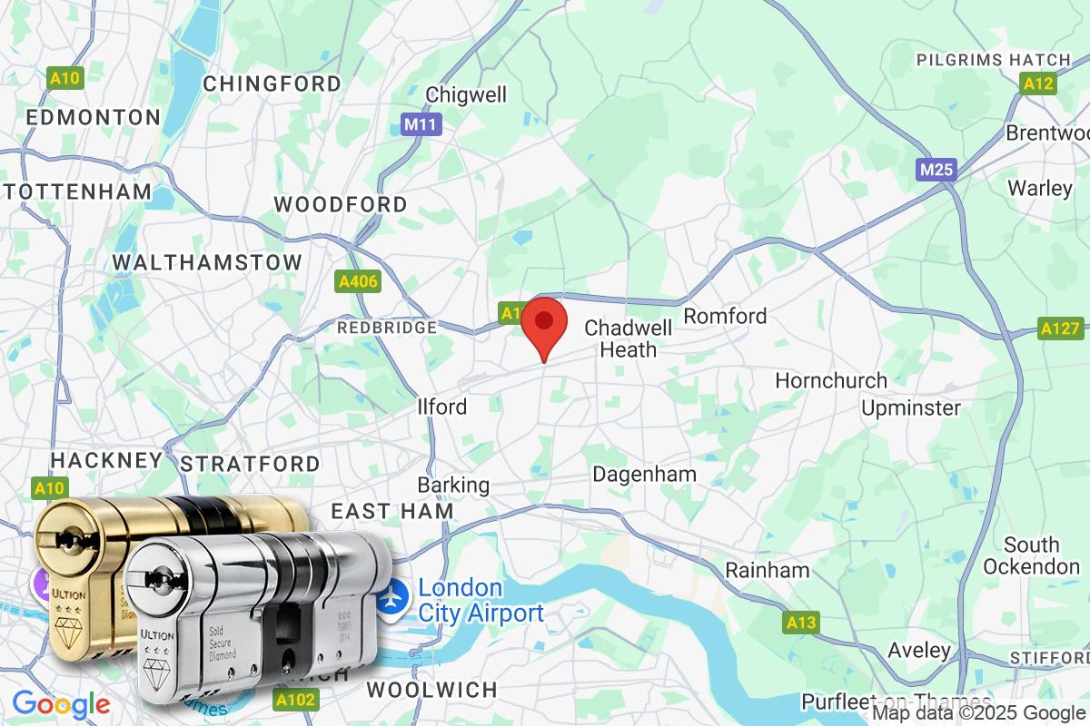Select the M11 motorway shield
click(421, 124)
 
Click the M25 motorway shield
click(936, 170)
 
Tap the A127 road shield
click(1060, 329)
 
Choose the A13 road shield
click(801, 623)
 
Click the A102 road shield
click(296, 699)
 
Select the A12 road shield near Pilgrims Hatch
click(1037, 84)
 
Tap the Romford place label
click(725, 316)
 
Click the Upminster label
click(910, 407)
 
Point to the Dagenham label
click(644, 474)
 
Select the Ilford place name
click(442, 407)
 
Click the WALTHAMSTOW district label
click(207, 262)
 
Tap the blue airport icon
click(392, 599)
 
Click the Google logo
click(61, 704)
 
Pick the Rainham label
click(767, 571)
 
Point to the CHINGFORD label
click(272, 83)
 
